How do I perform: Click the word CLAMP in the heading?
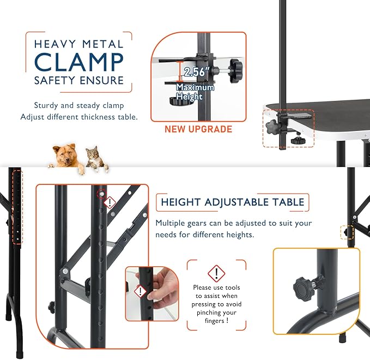(79, 62)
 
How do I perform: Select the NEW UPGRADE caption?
(198, 129)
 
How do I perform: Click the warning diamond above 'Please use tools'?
(216, 273)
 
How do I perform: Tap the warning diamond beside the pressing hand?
(140, 291)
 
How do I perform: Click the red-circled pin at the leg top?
(101, 194)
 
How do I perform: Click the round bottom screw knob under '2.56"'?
(177, 101)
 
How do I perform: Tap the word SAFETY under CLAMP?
(55, 80)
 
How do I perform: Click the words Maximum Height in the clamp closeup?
(196, 92)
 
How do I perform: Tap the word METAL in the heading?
(103, 44)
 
